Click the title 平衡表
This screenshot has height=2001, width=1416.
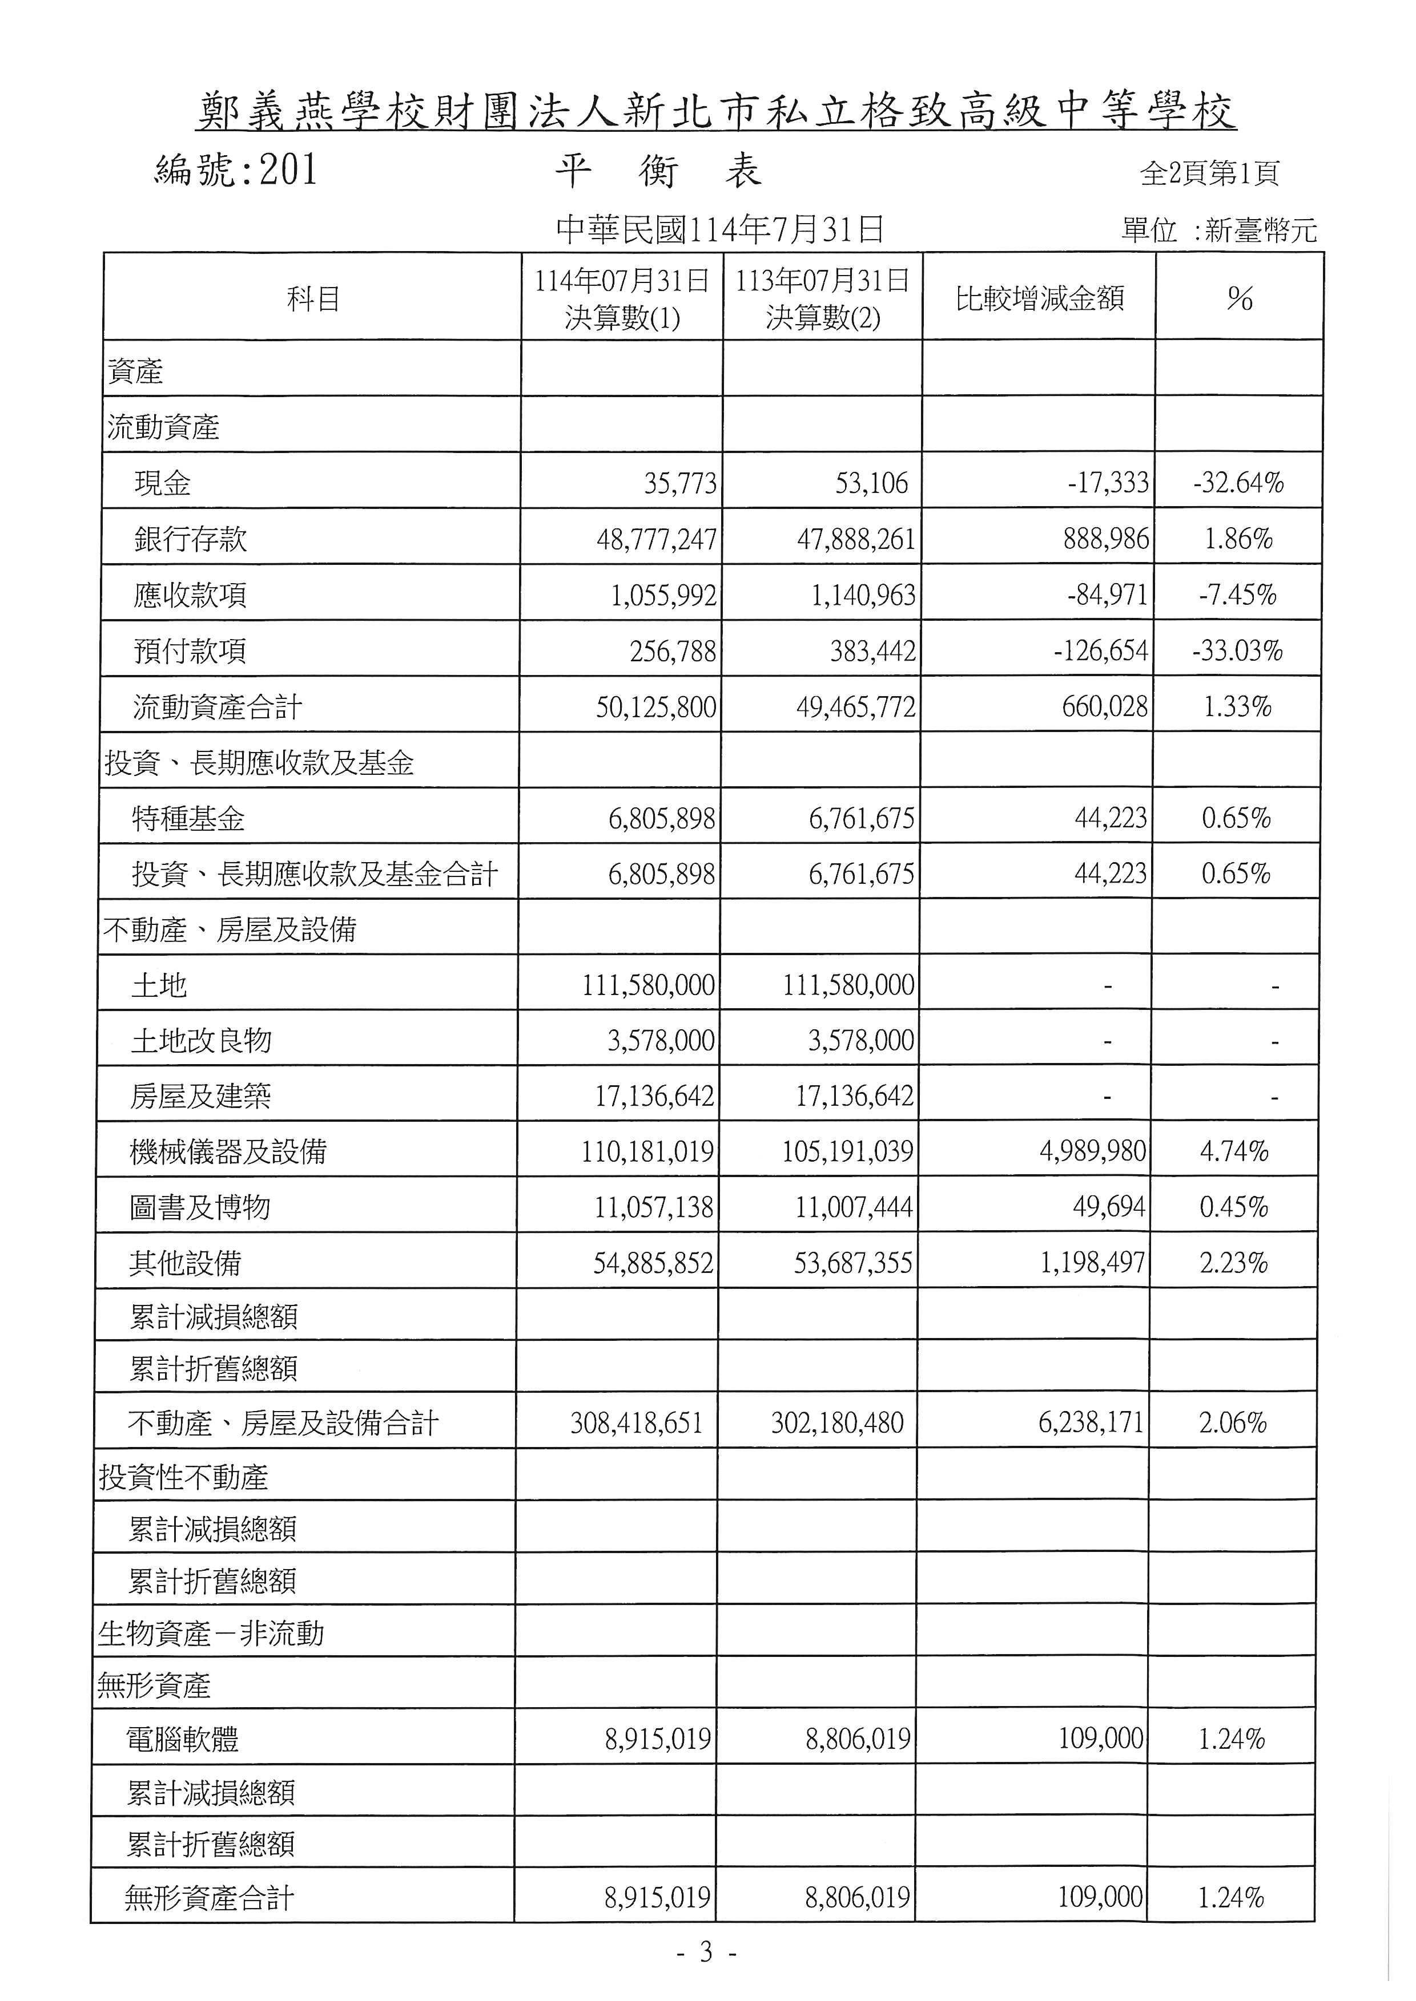pos(658,172)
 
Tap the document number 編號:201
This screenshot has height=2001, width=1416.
pos(235,171)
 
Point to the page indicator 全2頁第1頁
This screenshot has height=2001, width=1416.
pos(1209,173)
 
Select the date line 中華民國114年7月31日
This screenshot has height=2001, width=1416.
pos(720,229)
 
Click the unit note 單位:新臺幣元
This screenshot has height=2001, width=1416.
pos(1218,231)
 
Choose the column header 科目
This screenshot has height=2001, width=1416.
pos(313,299)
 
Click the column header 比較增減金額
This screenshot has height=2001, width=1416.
pos(1039,299)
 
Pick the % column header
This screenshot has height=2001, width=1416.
pos(1239,299)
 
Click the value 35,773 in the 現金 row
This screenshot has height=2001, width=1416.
pos(680,483)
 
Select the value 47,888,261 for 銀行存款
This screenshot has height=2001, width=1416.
pos(856,539)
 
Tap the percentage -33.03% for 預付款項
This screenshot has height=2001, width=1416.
pos(1237,651)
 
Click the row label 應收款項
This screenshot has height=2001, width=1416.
pos(190,595)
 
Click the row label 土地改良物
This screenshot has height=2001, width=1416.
pos(202,1041)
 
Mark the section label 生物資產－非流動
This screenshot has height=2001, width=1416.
pos(211,1632)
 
